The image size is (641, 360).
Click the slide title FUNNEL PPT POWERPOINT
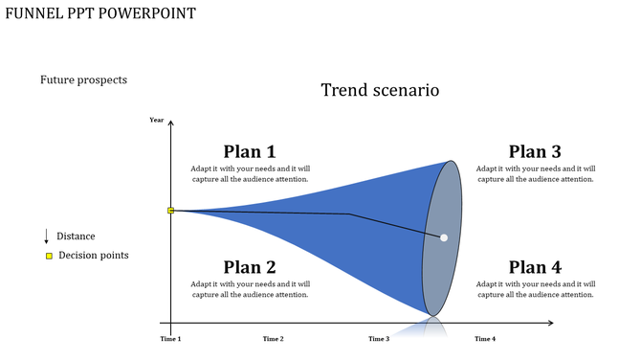click(x=99, y=13)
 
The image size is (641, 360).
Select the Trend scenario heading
click(x=380, y=90)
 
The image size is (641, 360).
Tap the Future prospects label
click(x=83, y=80)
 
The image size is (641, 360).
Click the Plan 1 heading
click(x=250, y=151)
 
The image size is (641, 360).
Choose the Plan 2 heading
click(x=250, y=267)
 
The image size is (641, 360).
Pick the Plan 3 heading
click(x=535, y=151)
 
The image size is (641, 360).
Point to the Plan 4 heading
click(x=535, y=267)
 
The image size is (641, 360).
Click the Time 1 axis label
click(x=170, y=339)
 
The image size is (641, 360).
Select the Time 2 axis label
click(x=273, y=339)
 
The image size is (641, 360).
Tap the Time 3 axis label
click(x=379, y=339)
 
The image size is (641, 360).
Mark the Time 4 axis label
click(x=485, y=339)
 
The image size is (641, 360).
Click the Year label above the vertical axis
click(x=157, y=120)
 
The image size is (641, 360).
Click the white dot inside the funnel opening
click(x=444, y=237)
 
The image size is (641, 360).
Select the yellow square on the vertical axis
click(x=171, y=211)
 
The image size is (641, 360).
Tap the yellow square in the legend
click(x=49, y=256)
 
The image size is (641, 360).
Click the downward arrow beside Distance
click(x=47, y=236)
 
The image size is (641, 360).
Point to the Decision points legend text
click(x=93, y=256)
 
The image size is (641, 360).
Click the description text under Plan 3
click(x=536, y=173)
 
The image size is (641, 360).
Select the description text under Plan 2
click(x=250, y=289)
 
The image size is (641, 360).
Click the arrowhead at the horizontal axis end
click(x=550, y=324)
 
